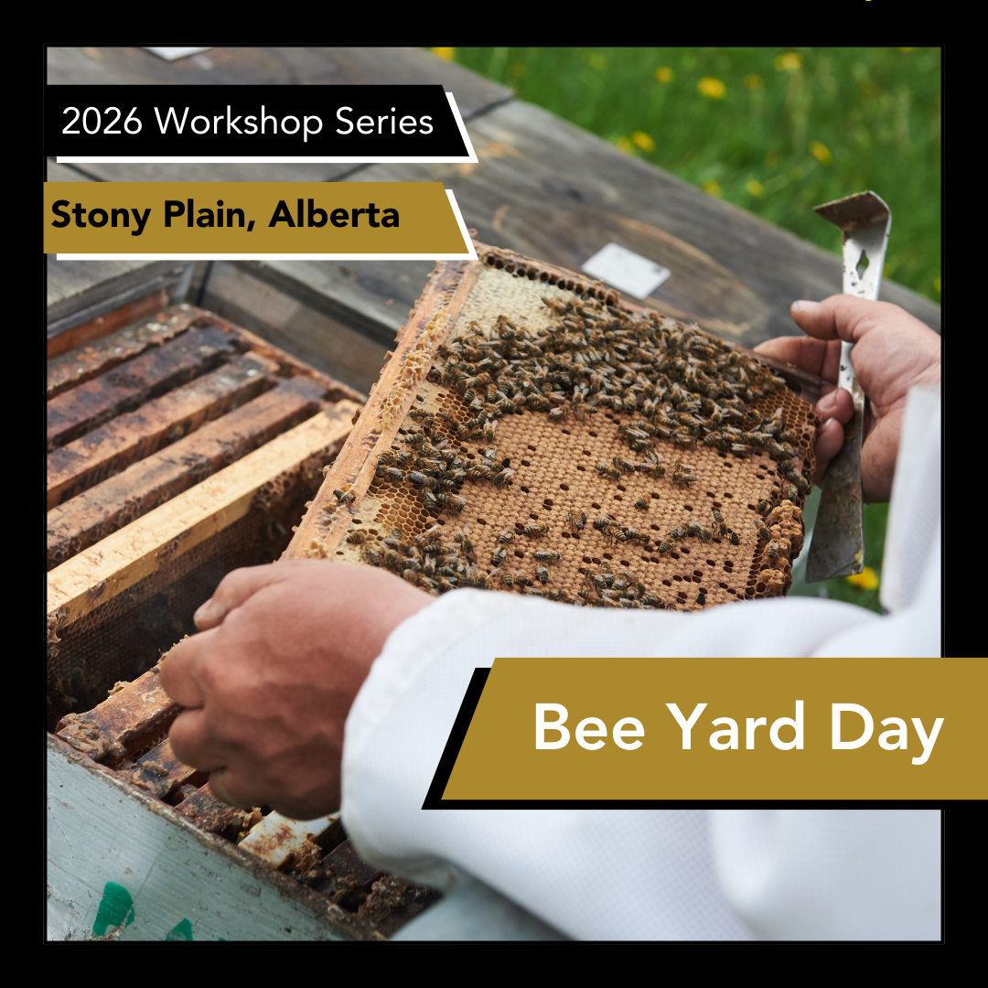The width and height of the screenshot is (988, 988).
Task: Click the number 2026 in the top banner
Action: (x=102, y=123)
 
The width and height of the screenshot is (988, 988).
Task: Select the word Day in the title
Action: (x=886, y=729)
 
